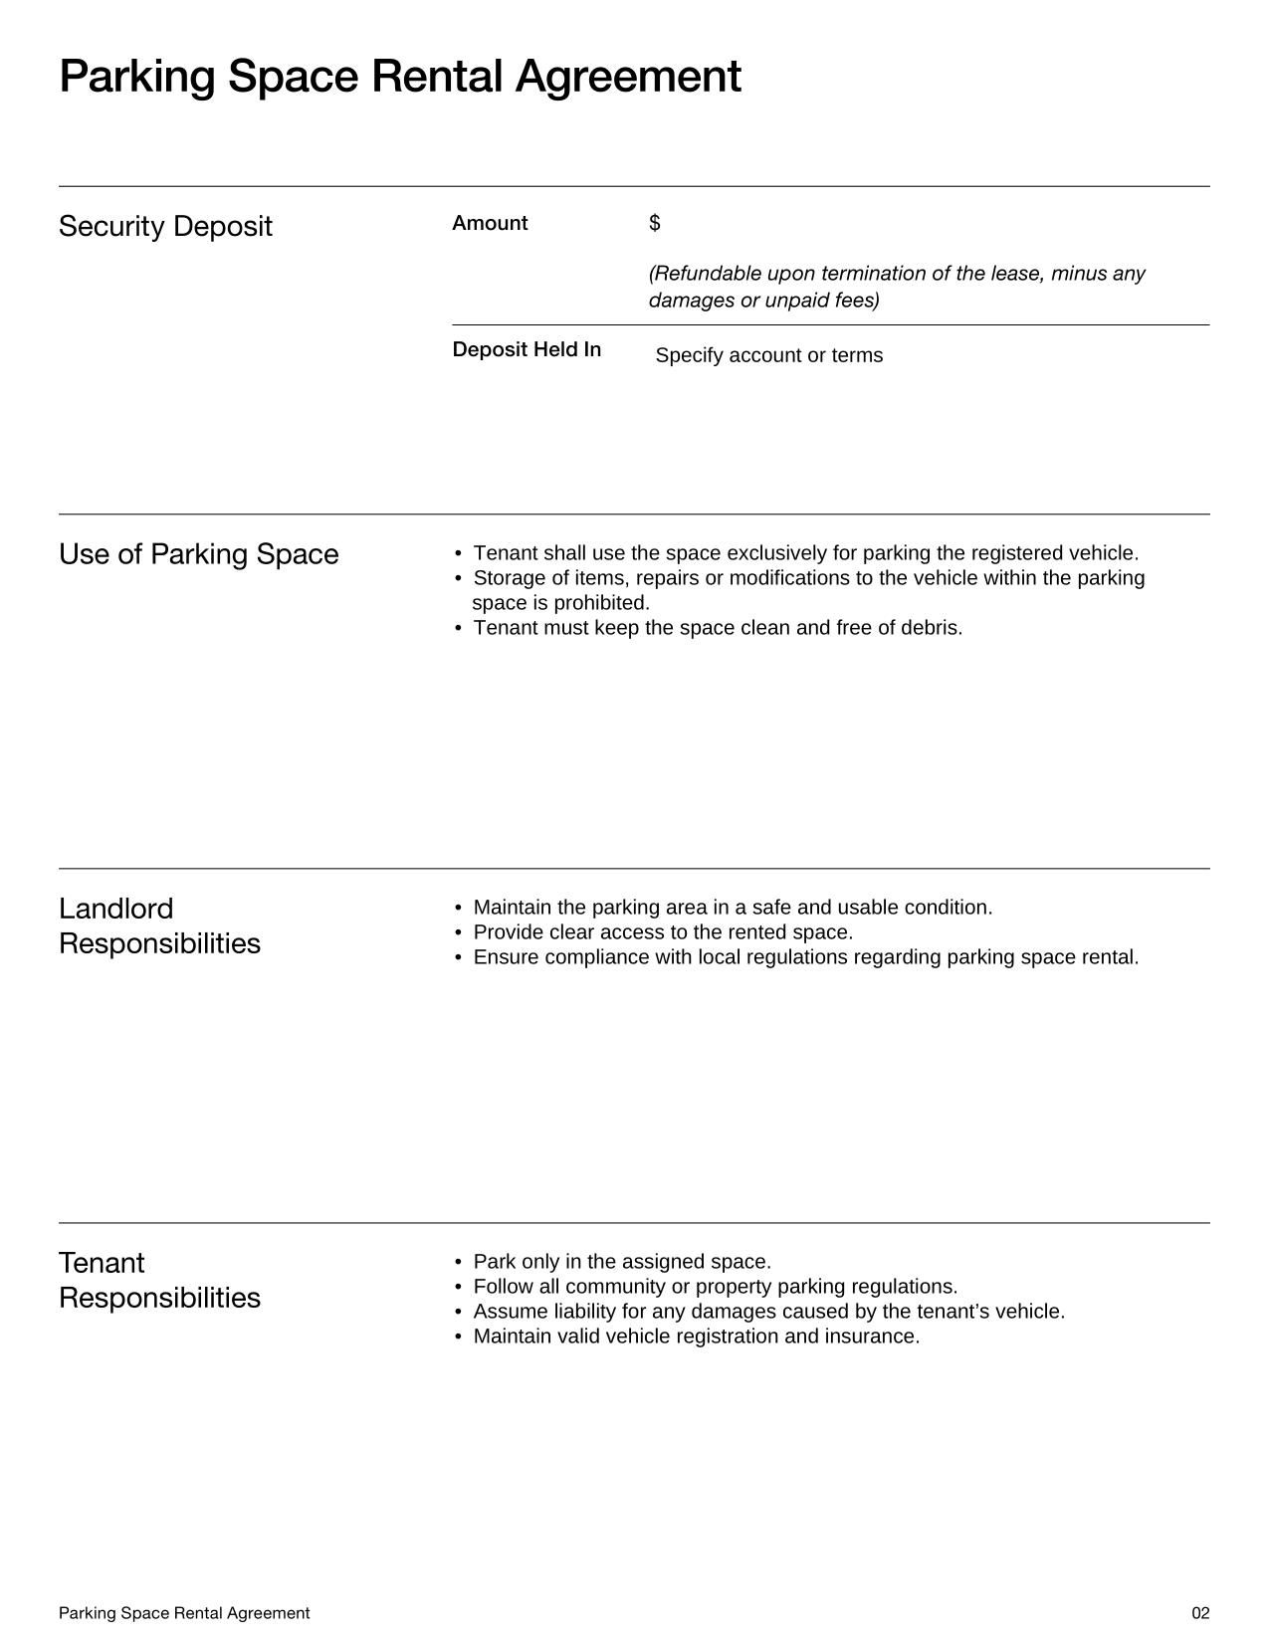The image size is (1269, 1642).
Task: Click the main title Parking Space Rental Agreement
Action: (x=399, y=77)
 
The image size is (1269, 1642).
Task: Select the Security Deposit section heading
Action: (x=165, y=226)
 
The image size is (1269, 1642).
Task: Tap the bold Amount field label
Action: (x=490, y=223)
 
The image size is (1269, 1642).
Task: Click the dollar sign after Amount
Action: (x=654, y=223)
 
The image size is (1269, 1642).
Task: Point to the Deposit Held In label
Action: (x=527, y=349)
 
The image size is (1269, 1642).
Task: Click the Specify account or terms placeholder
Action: (x=768, y=355)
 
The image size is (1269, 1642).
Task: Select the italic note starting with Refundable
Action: (x=896, y=287)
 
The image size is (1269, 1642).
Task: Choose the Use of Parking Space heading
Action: (x=198, y=554)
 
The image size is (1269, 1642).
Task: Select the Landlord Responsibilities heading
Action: (x=159, y=925)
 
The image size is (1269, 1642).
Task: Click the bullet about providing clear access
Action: (x=663, y=932)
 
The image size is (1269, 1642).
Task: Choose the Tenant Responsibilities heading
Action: (x=159, y=1280)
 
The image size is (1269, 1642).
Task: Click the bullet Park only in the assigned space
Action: (x=622, y=1262)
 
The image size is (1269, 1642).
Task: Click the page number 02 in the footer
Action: (x=1200, y=1613)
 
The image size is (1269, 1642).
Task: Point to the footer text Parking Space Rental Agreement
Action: (x=184, y=1613)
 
